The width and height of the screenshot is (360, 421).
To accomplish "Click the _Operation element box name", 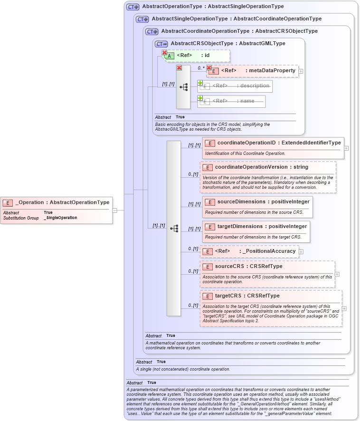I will coord(62,202).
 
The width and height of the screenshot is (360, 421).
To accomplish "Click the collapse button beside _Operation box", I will coord(114,210).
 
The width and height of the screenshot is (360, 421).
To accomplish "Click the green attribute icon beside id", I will coord(169,56).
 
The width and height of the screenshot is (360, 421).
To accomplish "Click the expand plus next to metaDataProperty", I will coord(301,71).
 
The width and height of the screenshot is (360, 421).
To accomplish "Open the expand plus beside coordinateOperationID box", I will coord(346,148).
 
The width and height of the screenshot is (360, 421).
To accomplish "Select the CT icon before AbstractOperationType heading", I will coord(133,7).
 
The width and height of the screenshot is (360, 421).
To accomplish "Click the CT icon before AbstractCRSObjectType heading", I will coord(161,44).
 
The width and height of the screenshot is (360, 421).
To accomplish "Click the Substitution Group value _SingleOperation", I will coord(60,218).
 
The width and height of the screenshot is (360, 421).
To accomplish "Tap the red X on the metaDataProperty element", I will coord(208,68).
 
